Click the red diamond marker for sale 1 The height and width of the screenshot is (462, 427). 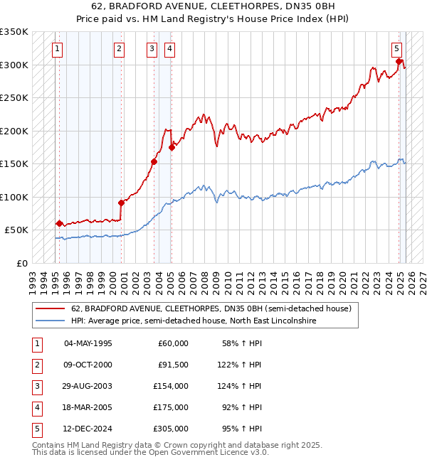pyautogui.click(x=59, y=223)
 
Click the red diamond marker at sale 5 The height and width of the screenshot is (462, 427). pyautogui.click(x=399, y=61)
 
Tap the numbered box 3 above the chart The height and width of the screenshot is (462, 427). pyautogui.click(x=152, y=49)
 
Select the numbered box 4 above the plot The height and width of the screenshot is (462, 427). pyautogui.click(x=170, y=49)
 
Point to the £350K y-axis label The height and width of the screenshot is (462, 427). pyautogui.click(x=14, y=32)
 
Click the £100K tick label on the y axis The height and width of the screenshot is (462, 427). pyautogui.click(x=14, y=197)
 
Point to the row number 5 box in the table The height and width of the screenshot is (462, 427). pyautogui.click(x=36, y=429)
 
